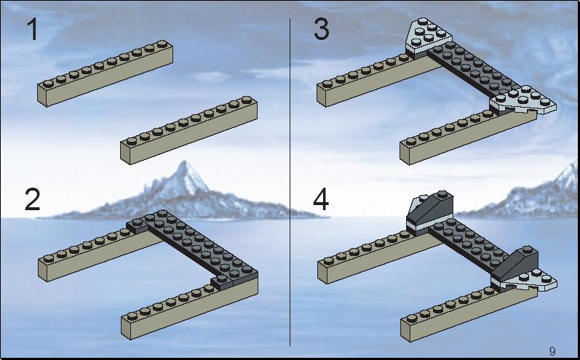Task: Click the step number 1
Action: pos(33,30)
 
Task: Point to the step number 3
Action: pos(321,29)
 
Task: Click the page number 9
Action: pos(552,351)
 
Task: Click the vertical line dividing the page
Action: pos(290,182)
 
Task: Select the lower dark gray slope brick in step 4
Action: pos(515,265)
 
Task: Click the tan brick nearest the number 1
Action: pos(105,73)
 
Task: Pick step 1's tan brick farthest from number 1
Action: pos(188,130)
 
